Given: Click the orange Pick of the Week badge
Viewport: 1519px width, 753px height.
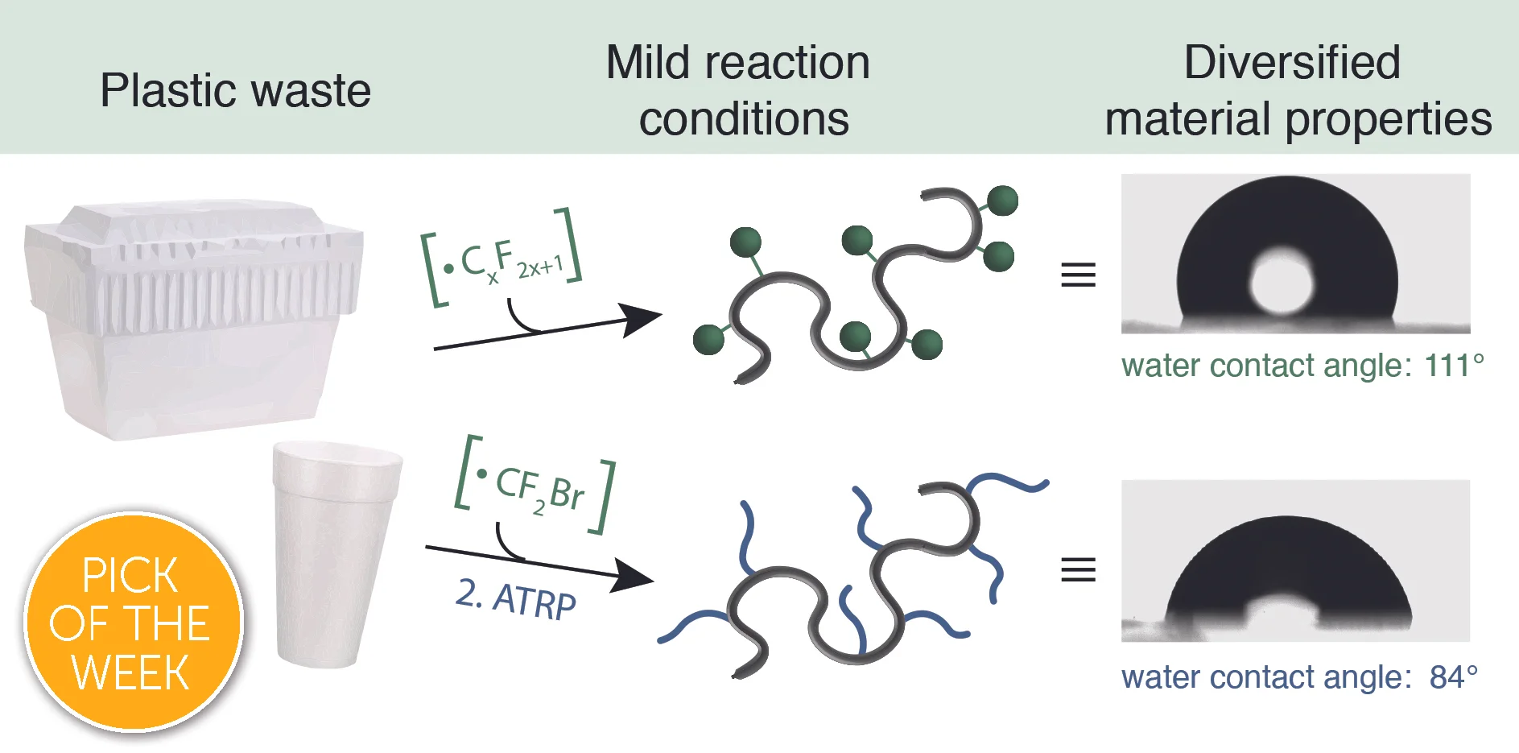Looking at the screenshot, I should point(133,623).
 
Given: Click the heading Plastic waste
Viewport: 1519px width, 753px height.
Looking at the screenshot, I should point(235,90).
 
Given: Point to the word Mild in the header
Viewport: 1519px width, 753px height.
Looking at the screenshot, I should point(647,63).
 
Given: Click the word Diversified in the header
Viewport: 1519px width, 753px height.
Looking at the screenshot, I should point(1292,63).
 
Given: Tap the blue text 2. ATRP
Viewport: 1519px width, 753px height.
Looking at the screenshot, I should point(516,599).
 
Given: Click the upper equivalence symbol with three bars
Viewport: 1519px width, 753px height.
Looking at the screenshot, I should point(1078,275).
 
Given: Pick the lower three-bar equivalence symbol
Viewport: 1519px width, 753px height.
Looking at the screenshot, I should point(1078,569).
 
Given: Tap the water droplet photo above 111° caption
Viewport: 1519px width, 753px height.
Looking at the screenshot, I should point(1295,254).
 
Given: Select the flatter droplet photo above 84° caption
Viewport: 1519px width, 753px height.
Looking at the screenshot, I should point(1295,561).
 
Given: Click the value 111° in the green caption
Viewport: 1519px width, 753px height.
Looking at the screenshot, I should point(1453,366).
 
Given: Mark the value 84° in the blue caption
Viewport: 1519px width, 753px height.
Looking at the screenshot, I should point(1453,677).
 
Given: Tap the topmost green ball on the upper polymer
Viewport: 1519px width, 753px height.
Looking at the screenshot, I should point(1002,201).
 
